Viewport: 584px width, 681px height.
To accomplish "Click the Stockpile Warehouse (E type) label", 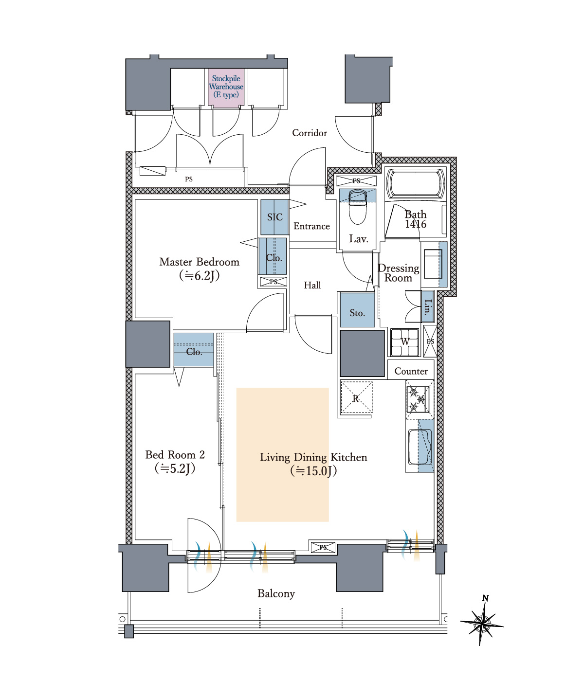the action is (x=226, y=87).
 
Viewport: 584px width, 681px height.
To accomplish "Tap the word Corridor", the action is (x=310, y=133).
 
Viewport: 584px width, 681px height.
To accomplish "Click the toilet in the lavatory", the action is (x=357, y=208).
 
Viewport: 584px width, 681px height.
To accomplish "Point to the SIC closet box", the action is (x=274, y=217).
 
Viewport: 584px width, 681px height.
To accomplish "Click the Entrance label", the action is (x=311, y=226).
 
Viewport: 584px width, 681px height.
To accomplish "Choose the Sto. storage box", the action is (x=357, y=310).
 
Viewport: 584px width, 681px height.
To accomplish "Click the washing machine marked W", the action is (x=405, y=342).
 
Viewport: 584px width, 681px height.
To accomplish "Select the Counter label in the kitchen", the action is (x=411, y=371).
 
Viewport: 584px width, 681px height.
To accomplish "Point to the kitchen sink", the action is (x=420, y=447).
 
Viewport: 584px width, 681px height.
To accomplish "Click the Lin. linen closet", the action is (x=427, y=307).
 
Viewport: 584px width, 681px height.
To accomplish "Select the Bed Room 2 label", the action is (x=175, y=461).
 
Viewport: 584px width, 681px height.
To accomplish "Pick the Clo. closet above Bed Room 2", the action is (x=194, y=350).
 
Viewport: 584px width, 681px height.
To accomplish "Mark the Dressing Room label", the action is (x=399, y=273).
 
